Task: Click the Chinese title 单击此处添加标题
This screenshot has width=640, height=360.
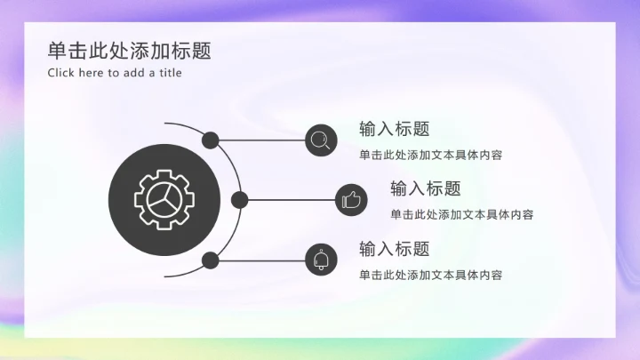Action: click(129, 51)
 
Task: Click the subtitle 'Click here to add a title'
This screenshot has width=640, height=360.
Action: click(115, 73)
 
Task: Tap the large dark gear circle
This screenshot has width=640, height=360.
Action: click(165, 200)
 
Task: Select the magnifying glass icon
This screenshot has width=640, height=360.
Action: click(321, 140)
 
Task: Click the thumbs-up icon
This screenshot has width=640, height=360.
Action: click(351, 200)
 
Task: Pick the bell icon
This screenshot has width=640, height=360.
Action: click(321, 260)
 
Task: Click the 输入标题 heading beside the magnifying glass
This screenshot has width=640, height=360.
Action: click(394, 129)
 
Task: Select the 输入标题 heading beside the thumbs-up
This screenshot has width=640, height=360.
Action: click(425, 188)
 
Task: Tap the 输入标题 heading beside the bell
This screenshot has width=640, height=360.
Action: click(394, 249)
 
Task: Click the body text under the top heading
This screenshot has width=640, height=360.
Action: click(430, 155)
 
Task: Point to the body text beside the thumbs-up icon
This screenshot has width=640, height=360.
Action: click(461, 214)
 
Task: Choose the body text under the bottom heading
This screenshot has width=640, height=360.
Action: click(430, 275)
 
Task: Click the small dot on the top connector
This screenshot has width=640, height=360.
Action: click(211, 140)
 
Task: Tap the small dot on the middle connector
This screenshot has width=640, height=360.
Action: click(238, 200)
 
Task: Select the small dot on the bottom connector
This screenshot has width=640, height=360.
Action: click(211, 260)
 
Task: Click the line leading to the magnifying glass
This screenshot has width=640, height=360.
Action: click(262, 140)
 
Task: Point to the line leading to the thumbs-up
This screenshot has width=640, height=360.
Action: click(289, 200)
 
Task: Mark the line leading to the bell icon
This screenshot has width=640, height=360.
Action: click(262, 260)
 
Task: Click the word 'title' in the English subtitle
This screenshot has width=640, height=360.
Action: click(170, 73)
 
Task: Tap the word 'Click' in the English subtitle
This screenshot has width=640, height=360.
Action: click(61, 73)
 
